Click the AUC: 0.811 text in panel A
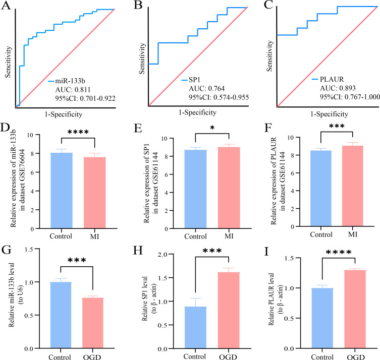coord(73,90)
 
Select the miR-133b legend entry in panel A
coord(67,81)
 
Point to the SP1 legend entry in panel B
coord(191,80)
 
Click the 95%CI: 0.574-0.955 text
coord(219,97)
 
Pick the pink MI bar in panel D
coord(95,193)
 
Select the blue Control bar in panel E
coord(196,189)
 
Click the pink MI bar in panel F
coord(353,186)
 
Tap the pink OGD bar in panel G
coord(93,323)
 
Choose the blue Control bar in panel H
coord(196,328)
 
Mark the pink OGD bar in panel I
coord(355,309)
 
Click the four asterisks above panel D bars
coord(78,132)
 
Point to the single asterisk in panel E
coord(212,128)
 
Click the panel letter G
coord(6,250)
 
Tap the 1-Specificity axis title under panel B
coord(197,112)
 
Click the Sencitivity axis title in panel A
coord(8,62)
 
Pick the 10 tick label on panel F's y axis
coord(291,138)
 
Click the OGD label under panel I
coord(356,357)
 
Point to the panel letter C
coord(268,5)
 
